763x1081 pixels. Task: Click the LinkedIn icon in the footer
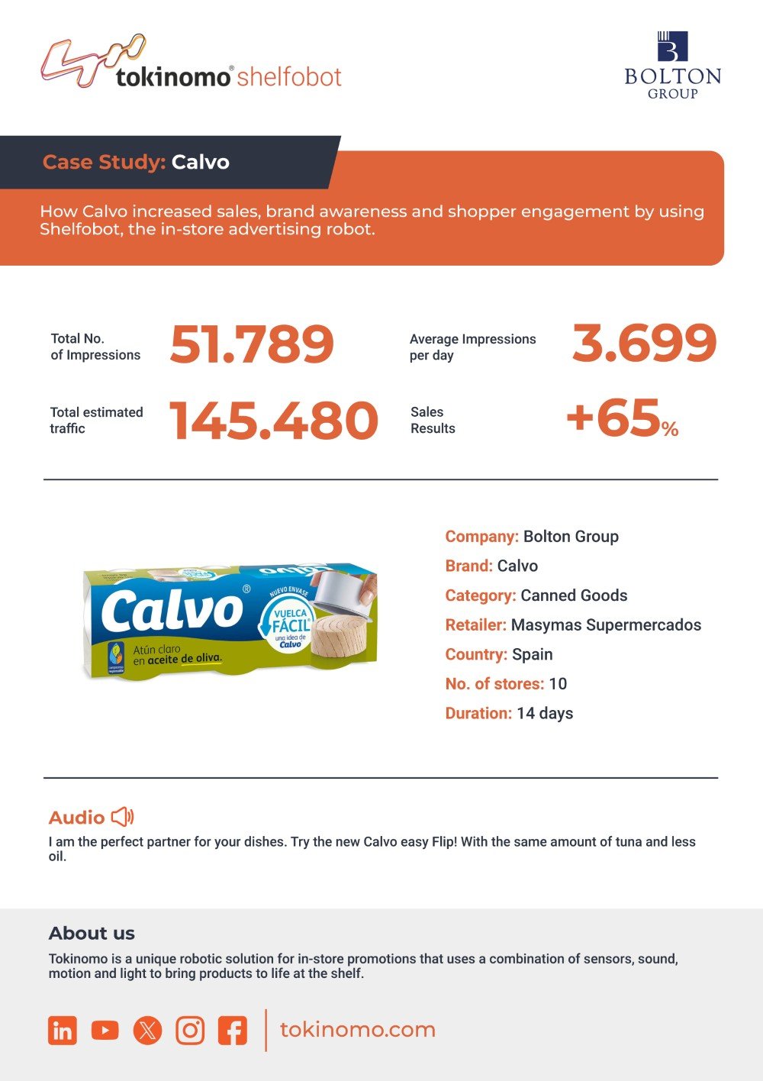[x=63, y=1031]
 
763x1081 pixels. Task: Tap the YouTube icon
[x=105, y=1031]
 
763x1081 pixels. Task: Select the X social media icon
[x=147, y=1031]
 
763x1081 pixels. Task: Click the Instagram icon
[x=190, y=1031]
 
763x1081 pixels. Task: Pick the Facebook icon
[x=233, y=1031]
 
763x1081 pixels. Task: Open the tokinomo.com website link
[x=358, y=1030]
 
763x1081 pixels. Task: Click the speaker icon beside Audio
[x=123, y=817]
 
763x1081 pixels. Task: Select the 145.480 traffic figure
[x=274, y=421]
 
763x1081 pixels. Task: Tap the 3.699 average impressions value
[x=644, y=343]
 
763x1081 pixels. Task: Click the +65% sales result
[x=623, y=418]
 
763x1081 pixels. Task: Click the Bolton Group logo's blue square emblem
[x=672, y=47]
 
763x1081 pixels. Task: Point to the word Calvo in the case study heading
[x=200, y=162]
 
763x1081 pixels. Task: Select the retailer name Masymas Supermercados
[x=606, y=625]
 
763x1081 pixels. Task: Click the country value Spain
[x=532, y=654]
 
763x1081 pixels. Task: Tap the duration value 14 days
[x=545, y=713]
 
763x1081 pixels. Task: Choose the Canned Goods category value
[x=574, y=595]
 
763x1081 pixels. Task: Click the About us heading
[x=92, y=933]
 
